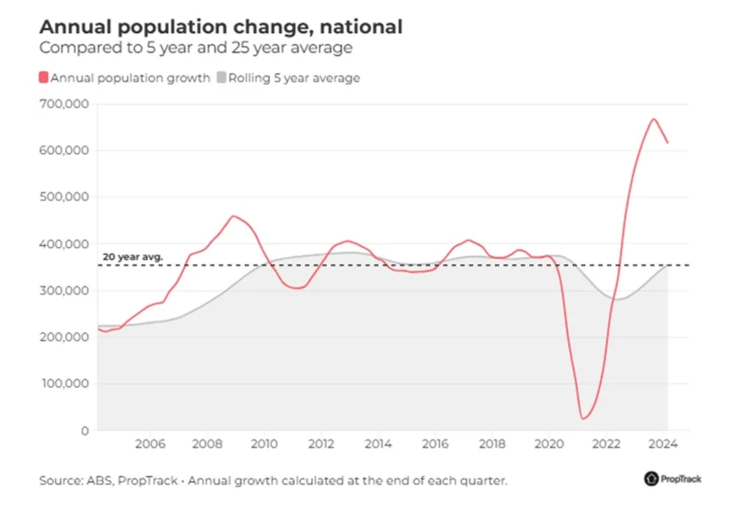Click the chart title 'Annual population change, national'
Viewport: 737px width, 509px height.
coord(221,27)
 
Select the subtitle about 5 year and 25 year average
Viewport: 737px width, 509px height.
coord(195,48)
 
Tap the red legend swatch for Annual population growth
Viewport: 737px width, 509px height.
coord(44,78)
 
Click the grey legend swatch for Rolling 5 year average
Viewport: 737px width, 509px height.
coord(222,78)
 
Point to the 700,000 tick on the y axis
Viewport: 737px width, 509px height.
coord(64,104)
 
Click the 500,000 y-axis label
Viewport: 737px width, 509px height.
coord(64,197)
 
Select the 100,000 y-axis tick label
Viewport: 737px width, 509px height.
coord(64,384)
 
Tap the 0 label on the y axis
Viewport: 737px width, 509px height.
coord(84,430)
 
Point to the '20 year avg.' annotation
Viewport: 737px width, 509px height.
coord(132,256)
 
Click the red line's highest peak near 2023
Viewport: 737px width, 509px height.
coord(653,119)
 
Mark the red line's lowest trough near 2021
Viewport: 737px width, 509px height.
coord(582,419)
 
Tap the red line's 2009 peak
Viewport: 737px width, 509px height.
coord(234,216)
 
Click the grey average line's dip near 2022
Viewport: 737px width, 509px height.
coord(618,299)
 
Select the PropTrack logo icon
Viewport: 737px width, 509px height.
coord(651,479)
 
